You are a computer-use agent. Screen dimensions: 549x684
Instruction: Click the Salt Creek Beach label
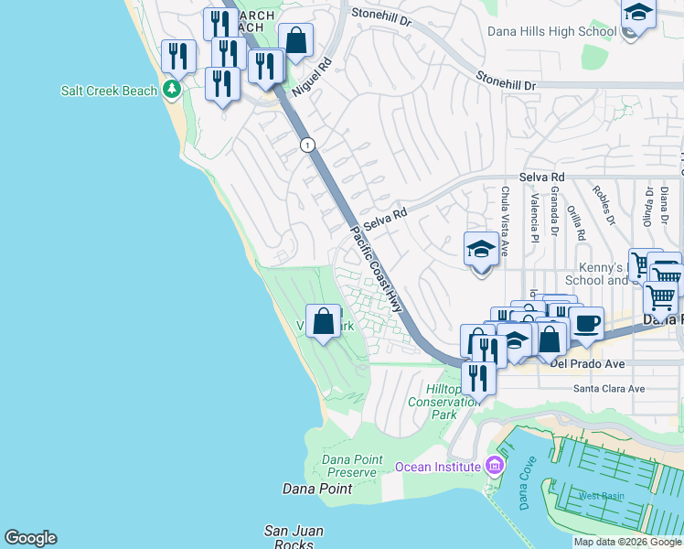click(x=108, y=91)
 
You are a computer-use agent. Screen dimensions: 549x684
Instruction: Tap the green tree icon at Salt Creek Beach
click(x=170, y=90)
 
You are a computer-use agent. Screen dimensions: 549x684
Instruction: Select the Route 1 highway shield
click(x=307, y=145)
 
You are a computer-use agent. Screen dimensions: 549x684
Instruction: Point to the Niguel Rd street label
click(x=310, y=80)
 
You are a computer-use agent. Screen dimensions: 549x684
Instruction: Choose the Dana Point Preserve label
click(x=349, y=466)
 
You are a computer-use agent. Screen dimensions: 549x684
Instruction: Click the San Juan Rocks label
click(x=294, y=537)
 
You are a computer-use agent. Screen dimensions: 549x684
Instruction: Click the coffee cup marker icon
click(x=586, y=323)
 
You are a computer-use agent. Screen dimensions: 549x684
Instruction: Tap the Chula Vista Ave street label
click(x=505, y=221)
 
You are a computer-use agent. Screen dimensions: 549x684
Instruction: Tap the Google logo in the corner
click(x=30, y=538)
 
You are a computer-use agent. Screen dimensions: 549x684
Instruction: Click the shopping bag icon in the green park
click(x=323, y=322)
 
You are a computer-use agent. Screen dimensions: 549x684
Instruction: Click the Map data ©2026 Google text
click(x=627, y=542)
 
